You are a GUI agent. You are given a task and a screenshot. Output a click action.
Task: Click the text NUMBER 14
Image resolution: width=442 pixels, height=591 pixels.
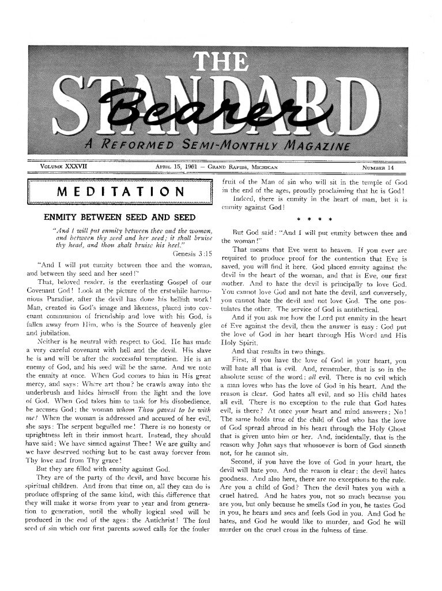378,168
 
